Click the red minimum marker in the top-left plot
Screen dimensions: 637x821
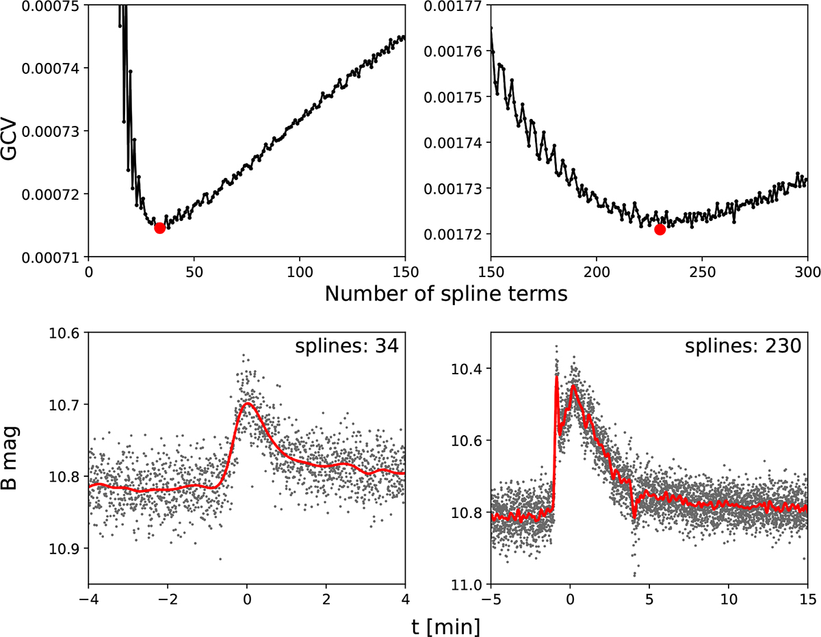point(159,228)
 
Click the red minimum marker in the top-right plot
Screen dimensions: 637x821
point(660,229)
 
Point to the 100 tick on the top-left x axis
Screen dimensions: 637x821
point(300,272)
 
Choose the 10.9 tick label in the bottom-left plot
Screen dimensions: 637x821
point(68,548)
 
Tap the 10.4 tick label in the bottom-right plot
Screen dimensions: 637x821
point(470,369)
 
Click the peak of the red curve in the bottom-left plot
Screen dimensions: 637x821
point(247,403)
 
